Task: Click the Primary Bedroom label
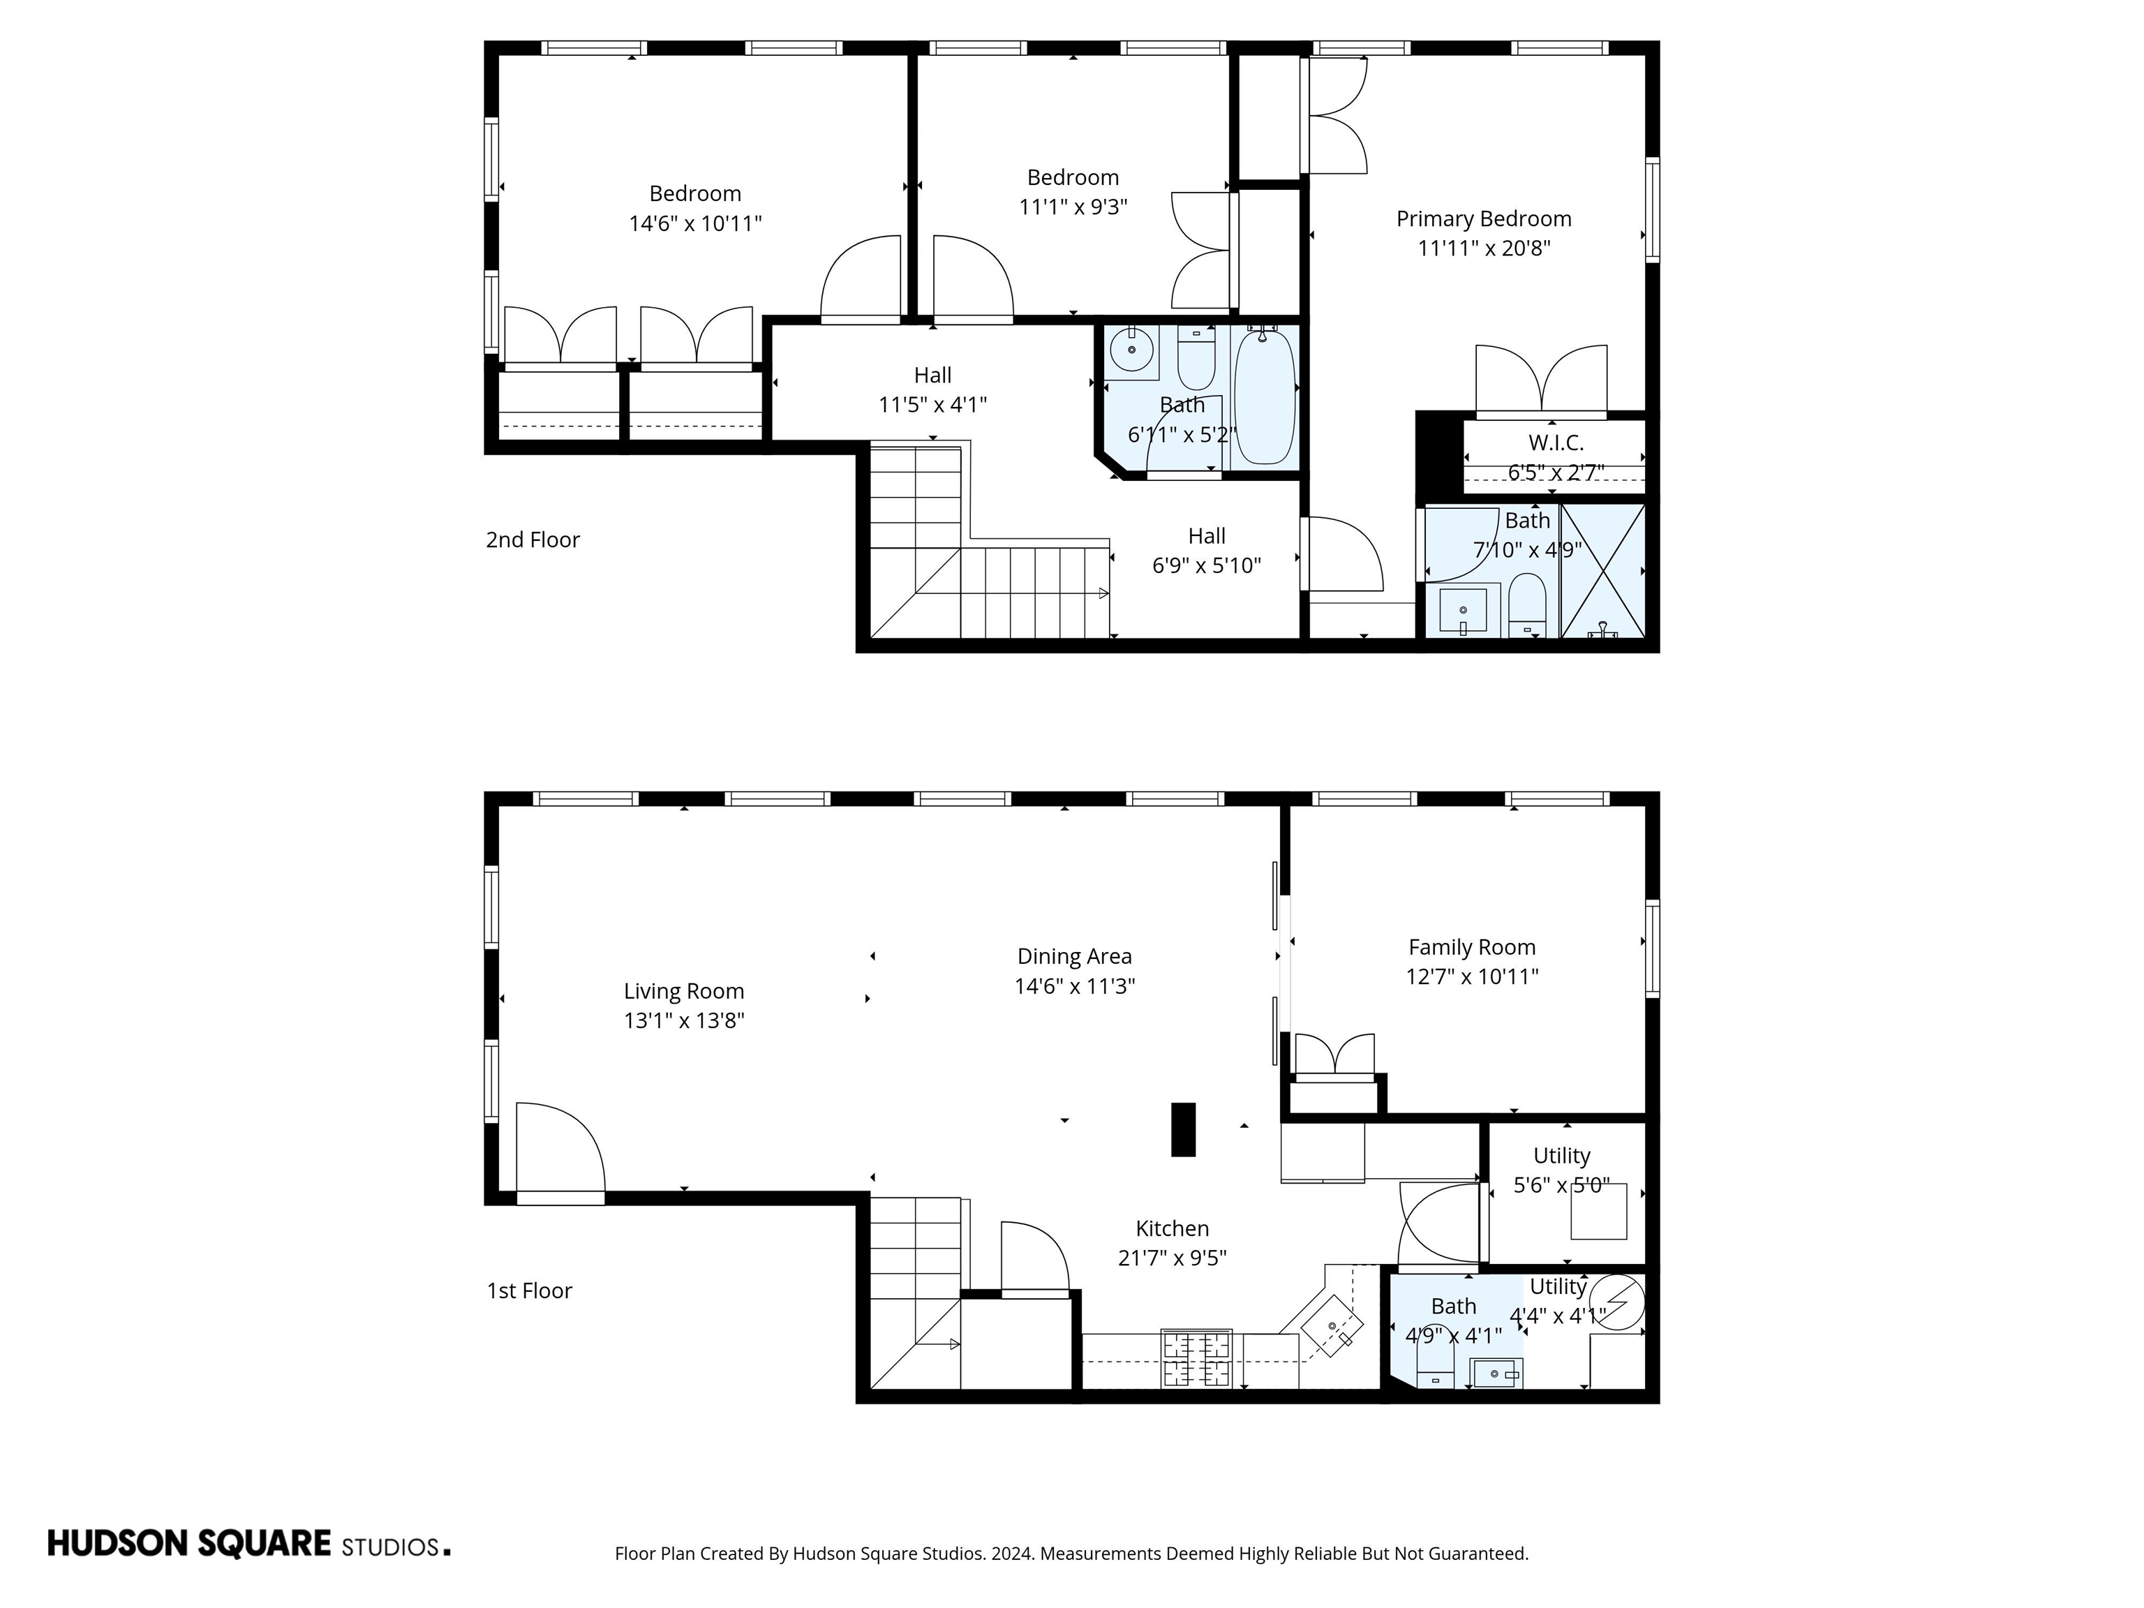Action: pos(1483,219)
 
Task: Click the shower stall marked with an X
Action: pos(1603,570)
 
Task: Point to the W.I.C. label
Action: pos(1556,443)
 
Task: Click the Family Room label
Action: pos(1471,947)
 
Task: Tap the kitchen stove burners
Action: pos(1196,1359)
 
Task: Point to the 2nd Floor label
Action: pos(532,540)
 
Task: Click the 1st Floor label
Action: pos(529,1291)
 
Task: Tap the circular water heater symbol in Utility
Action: pos(1618,1301)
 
